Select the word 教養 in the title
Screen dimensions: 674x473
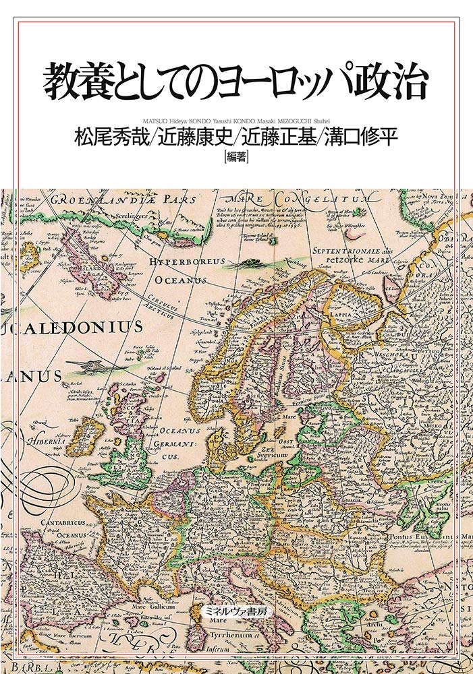75,82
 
